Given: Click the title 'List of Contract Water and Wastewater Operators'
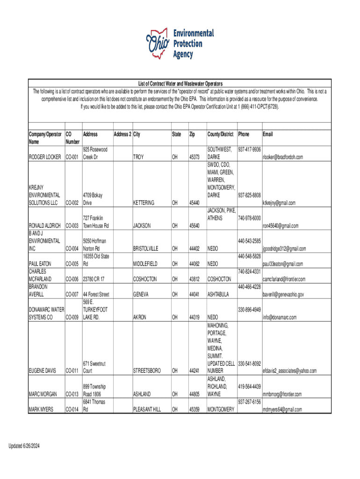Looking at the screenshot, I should pyautogui.click(x=180, y=83).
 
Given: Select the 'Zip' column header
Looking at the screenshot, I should pyautogui.click(x=192, y=134).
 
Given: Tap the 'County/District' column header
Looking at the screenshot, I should pyautogui.click(x=220, y=134).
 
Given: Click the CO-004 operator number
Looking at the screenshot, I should pyautogui.click(x=72, y=248).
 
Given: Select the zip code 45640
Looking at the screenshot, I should pyautogui.click(x=194, y=226).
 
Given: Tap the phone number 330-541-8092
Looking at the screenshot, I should pyautogui.click(x=250, y=363).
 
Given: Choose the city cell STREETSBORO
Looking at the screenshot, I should pyautogui.click(x=147, y=371).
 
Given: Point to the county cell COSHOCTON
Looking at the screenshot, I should pyautogui.click(x=219, y=279).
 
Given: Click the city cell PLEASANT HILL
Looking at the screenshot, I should pyautogui.click(x=147, y=409).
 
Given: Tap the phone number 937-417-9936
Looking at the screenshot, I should pyautogui.click(x=250, y=149).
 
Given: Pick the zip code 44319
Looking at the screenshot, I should pyautogui.click(x=194, y=318).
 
